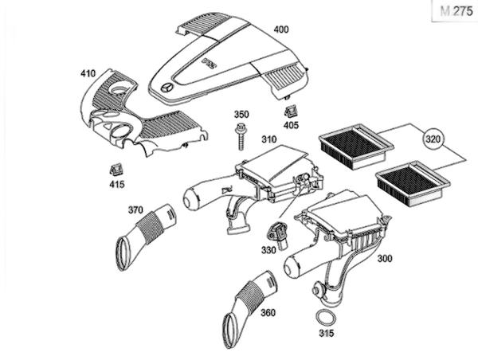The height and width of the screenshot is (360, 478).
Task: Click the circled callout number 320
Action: pyautogui.click(x=433, y=139)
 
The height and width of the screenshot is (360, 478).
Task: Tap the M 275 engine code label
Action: pyautogui.click(x=456, y=11)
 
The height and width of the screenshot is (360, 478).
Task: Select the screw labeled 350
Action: pyautogui.click(x=241, y=136)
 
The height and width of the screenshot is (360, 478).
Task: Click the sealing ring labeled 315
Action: pyautogui.click(x=326, y=319)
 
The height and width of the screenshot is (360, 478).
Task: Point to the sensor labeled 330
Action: pyautogui.click(x=278, y=235)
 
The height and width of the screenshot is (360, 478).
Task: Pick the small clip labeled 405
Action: pyautogui.click(x=291, y=112)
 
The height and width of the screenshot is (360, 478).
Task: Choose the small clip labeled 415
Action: pyautogui.click(x=116, y=169)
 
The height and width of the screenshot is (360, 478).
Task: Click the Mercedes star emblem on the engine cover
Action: pyautogui.click(x=167, y=88)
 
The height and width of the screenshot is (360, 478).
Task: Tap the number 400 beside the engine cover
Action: pyautogui.click(x=280, y=29)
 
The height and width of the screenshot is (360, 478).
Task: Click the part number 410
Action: pyautogui.click(x=88, y=73)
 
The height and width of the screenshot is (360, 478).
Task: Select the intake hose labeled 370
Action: pyautogui.click(x=146, y=237)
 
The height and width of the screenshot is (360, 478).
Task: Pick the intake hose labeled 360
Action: pyautogui.click(x=251, y=308)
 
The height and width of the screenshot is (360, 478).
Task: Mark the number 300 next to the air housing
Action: pyautogui.click(x=385, y=259)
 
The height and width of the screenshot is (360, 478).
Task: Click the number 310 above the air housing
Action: pyautogui.click(x=269, y=139)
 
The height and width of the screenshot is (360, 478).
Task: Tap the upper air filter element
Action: pyautogui.click(x=356, y=146)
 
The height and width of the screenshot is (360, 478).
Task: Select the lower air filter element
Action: pyautogui.click(x=413, y=184)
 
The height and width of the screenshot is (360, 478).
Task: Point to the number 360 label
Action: pyautogui.click(x=268, y=313)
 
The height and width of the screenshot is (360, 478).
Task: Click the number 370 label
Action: pyautogui.click(x=135, y=210)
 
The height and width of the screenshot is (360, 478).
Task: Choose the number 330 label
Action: pyautogui.click(x=268, y=250)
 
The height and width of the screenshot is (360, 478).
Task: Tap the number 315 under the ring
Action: pyautogui.click(x=327, y=333)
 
